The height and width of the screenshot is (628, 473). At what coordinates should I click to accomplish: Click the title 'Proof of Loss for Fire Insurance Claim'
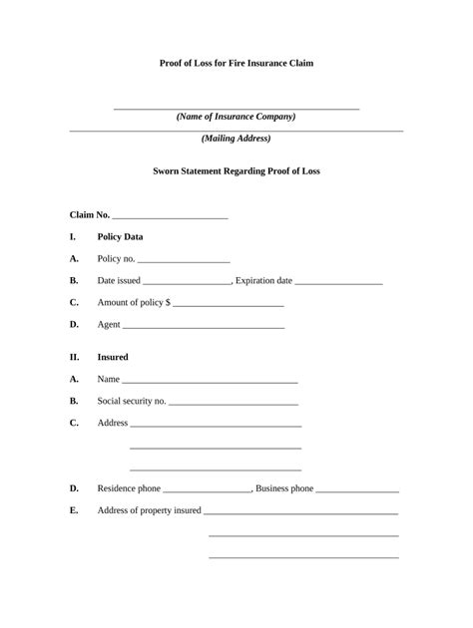(236, 63)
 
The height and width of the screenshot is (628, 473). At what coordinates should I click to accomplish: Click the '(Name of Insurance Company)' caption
(236, 117)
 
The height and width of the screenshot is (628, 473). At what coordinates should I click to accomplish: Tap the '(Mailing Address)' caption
(236, 139)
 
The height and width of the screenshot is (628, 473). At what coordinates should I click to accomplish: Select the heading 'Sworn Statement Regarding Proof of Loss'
(236, 171)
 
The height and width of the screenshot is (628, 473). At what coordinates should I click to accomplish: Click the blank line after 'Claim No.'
(171, 216)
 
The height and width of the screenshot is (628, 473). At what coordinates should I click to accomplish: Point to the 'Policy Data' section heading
(120, 237)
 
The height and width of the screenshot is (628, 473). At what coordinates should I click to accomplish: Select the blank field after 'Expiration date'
(339, 283)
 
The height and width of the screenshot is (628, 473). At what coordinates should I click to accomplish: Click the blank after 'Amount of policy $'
(229, 304)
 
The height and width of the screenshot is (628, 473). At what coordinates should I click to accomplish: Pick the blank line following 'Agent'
(204, 327)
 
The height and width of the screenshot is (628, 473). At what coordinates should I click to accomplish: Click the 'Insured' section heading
(113, 357)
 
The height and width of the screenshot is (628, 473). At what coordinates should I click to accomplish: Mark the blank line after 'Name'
(210, 382)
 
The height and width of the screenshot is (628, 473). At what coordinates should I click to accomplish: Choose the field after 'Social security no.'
(234, 403)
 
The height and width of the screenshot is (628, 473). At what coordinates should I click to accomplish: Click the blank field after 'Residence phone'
(207, 491)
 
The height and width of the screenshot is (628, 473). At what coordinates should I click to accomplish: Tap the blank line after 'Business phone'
(357, 491)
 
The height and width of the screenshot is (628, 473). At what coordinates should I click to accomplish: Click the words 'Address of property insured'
(149, 510)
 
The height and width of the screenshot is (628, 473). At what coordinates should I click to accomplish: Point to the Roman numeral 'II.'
(75, 357)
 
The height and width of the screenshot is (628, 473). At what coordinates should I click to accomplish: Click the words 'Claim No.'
(90, 214)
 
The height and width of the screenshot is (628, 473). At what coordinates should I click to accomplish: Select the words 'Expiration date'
(264, 281)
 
